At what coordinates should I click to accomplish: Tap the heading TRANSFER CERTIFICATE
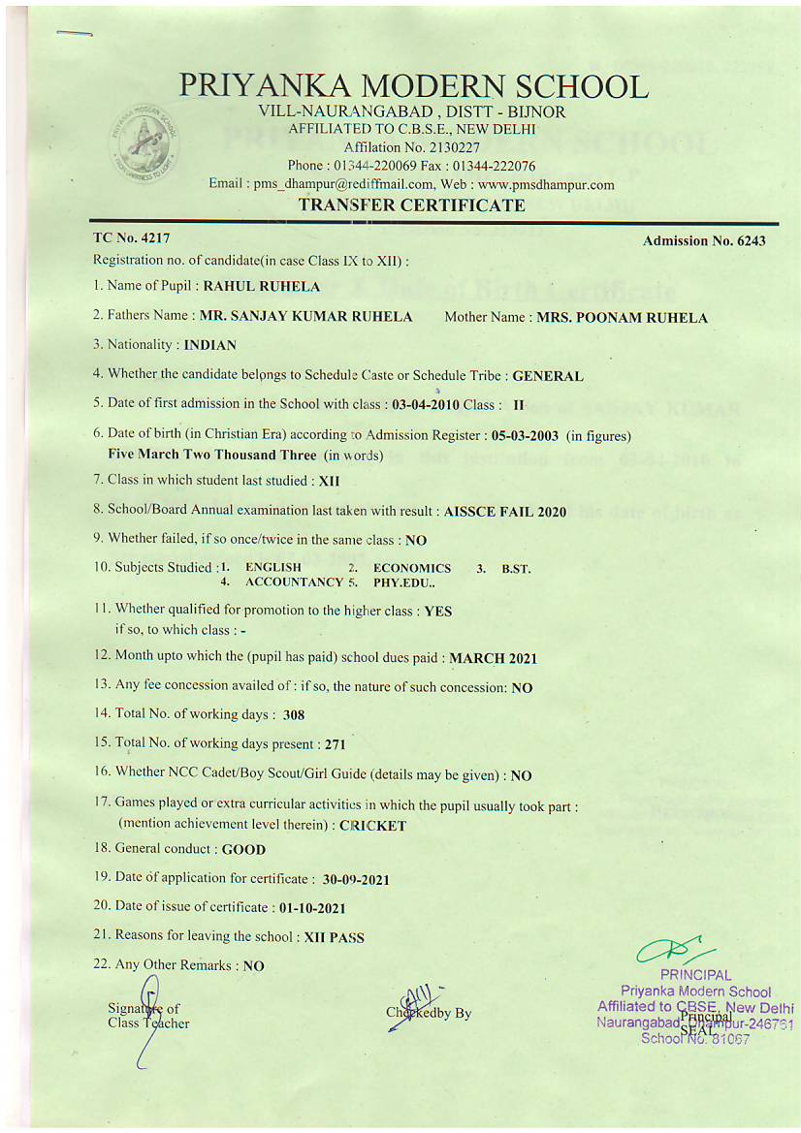(x=412, y=205)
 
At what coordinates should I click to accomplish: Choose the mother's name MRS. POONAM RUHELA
(x=623, y=317)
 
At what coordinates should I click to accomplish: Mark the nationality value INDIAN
(x=209, y=344)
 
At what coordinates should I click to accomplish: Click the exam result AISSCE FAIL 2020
(x=505, y=510)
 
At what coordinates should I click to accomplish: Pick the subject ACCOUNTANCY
(x=295, y=582)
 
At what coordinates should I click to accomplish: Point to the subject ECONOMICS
(x=412, y=568)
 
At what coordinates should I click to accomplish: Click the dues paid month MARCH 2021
(x=493, y=658)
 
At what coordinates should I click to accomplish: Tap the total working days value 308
(x=294, y=715)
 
